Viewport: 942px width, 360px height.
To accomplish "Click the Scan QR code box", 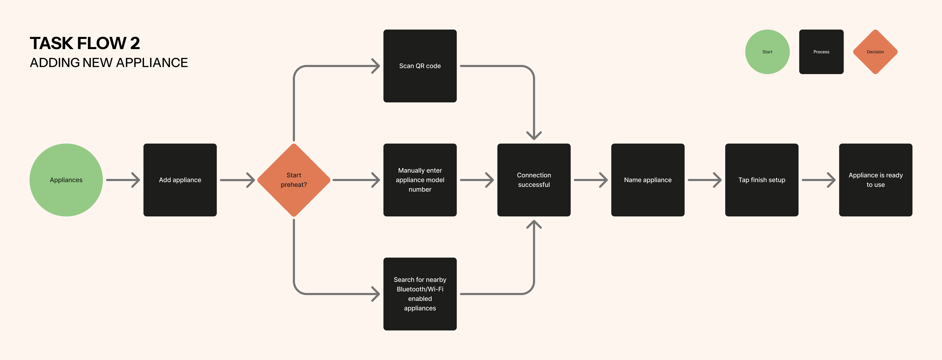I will pos(420,66).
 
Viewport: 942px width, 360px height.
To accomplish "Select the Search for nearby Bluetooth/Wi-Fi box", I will pos(420,294).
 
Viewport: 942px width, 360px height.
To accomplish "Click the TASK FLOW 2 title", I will pos(85,43).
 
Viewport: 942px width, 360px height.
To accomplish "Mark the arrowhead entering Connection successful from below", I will pos(534,224).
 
